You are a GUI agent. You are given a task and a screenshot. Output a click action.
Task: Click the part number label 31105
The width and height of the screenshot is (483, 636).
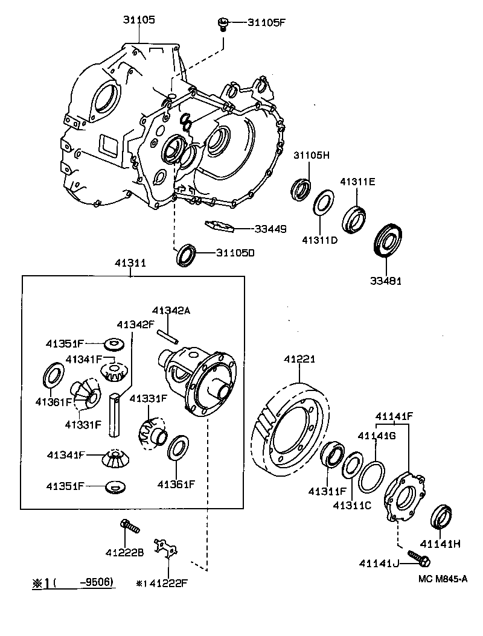(x=139, y=20)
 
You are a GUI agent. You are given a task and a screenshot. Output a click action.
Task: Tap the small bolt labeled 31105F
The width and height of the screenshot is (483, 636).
(x=223, y=24)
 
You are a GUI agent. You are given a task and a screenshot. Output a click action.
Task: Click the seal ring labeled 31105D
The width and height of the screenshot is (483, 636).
(x=186, y=254)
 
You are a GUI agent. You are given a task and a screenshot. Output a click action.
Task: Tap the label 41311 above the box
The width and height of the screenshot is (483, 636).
(x=130, y=263)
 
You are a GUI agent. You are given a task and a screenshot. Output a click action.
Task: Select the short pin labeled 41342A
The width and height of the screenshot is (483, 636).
(x=167, y=337)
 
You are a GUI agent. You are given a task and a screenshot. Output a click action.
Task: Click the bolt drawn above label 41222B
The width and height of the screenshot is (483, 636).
(x=129, y=527)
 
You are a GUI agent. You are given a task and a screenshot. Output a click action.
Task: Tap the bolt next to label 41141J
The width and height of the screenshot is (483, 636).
(x=418, y=558)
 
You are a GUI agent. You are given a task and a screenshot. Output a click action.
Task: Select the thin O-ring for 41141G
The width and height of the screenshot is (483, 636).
(x=370, y=476)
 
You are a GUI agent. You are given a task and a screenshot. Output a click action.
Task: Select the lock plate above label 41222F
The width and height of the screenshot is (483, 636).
(x=167, y=548)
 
